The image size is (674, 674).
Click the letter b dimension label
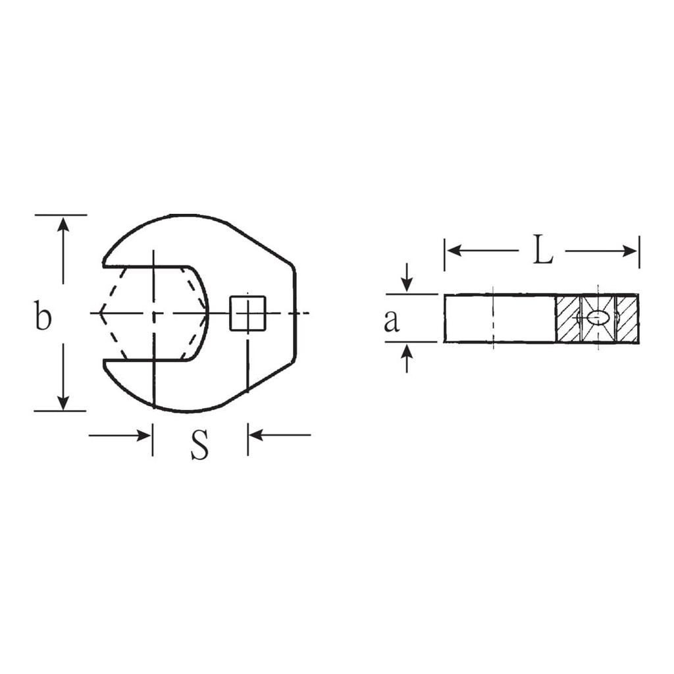click(43, 316)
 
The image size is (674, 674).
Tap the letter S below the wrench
click(199, 445)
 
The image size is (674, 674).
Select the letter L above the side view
click(542, 251)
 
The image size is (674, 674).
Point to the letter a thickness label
click(392, 321)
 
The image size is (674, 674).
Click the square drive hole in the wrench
click(247, 313)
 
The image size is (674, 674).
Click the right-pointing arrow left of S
click(142, 435)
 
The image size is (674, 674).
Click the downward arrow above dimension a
click(407, 284)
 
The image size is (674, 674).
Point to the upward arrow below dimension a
click(407, 351)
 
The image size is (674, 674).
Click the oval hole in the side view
click(598, 318)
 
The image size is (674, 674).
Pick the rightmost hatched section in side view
click(627, 319)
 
